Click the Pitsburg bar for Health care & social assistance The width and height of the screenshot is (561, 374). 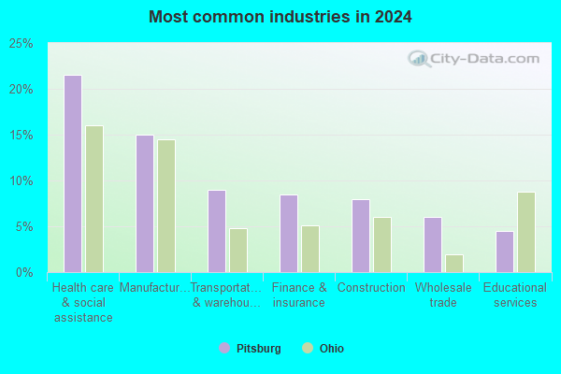pos(73,174)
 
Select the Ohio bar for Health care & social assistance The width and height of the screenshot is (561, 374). pos(94,199)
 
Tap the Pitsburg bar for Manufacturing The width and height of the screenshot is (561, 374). pos(145,204)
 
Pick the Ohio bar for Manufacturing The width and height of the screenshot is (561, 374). pos(166,206)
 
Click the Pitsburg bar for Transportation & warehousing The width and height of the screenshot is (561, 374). pos(217,231)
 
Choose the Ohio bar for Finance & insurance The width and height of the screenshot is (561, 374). pos(310,249)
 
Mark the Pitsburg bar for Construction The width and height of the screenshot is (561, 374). pos(361,236)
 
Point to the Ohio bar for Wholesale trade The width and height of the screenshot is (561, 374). pos(454,264)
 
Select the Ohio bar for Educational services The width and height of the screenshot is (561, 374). pos(526,232)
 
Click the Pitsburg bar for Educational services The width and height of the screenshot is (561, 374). pos(505,252)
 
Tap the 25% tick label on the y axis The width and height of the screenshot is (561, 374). pos(22,44)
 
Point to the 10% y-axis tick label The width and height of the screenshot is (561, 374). pos(22,181)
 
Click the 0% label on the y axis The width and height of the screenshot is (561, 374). pos(24,273)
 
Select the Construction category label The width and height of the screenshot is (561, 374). pos(371,287)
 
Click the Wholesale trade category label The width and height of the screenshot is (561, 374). pos(443,295)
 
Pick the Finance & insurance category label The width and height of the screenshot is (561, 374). pos(299,295)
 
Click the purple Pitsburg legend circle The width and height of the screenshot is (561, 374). pos(224,348)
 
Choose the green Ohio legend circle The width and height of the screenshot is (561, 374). pos(308,348)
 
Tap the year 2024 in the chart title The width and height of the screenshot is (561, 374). pos(394,17)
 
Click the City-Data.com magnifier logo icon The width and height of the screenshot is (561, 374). pos(419,59)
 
